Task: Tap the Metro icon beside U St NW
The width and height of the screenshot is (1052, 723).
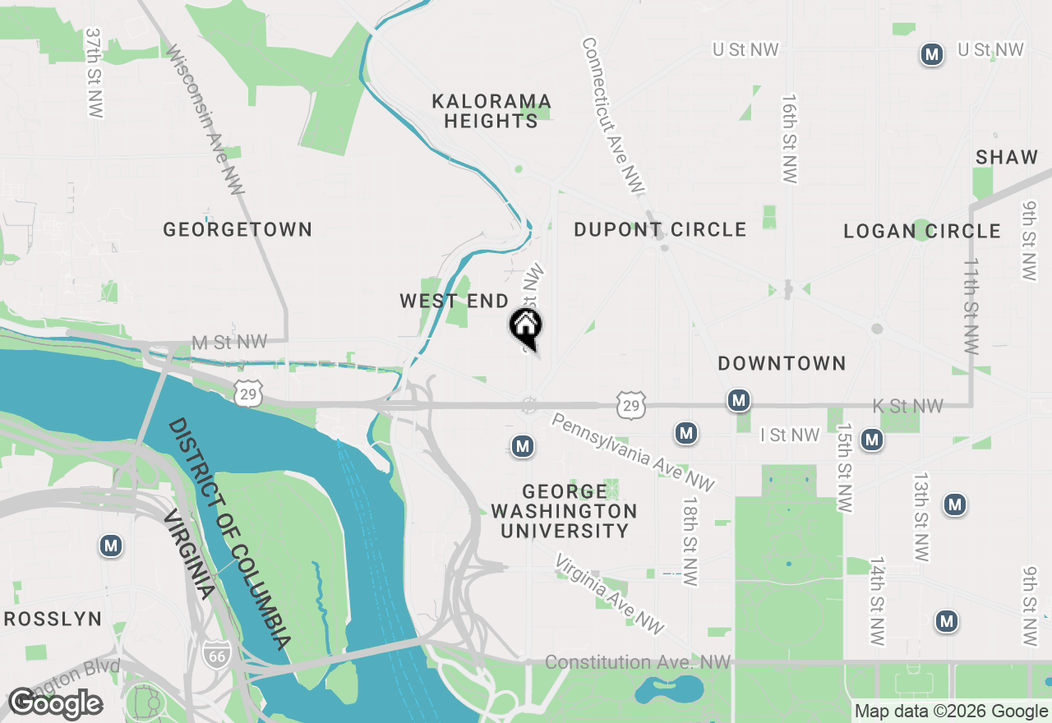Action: pos(931,55)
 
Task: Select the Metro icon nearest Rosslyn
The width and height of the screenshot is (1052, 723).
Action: pos(111,546)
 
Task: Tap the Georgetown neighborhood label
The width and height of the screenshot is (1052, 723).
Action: pos(238,229)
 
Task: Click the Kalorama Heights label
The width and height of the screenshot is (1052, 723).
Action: pos(491,111)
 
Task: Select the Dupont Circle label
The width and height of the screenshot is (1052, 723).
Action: pos(660,229)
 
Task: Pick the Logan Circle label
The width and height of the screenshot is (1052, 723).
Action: pos(922,231)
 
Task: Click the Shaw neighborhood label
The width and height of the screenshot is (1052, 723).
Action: pos(1007,157)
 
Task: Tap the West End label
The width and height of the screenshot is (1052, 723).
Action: pos(454,302)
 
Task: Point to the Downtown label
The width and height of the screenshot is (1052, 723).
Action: pos(782,363)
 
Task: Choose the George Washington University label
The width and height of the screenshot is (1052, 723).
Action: pos(564,511)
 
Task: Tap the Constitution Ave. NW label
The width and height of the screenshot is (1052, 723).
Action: pos(638,662)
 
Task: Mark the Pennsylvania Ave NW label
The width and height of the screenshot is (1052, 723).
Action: pos(633,453)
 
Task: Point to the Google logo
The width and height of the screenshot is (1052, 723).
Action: pos(55,703)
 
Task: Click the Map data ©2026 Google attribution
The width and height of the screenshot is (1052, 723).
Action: pos(951,711)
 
